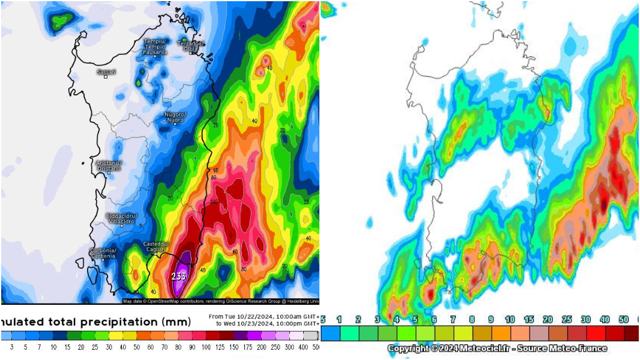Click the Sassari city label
pos(106,71)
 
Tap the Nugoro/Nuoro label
pos(175,117)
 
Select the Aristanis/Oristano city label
pos(109,166)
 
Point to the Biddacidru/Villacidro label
pos(121,218)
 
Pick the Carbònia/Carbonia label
pos(103,253)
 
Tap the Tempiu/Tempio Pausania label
pos(154,47)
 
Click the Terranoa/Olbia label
pos(191,46)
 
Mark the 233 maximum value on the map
pos(179,277)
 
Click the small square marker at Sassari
pos(106,77)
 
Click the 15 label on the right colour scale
pos(529,320)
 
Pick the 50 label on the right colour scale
pos(624,320)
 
